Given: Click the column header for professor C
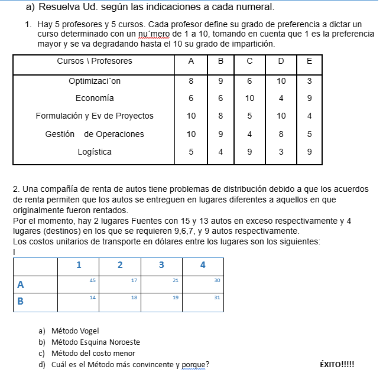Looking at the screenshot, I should click(249, 61).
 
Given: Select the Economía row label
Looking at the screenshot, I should click(95, 98).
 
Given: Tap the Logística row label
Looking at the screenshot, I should click(95, 152).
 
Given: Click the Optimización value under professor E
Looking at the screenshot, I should click(310, 80).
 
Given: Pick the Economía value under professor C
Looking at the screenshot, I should click(249, 98).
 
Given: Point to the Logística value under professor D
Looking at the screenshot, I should click(281, 152).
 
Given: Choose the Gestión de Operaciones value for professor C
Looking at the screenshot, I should click(249, 134).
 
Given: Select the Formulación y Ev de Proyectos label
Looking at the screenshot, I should click(95, 116).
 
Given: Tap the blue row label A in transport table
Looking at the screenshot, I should click(21, 285).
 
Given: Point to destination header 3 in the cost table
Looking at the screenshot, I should click(161, 265).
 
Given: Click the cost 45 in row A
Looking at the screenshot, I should click(92, 280).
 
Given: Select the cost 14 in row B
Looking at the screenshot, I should click(92, 297).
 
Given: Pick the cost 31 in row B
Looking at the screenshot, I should click(217, 297).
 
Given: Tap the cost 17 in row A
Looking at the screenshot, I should click(134, 280).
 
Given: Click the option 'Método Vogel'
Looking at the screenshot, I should click(75, 331).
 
